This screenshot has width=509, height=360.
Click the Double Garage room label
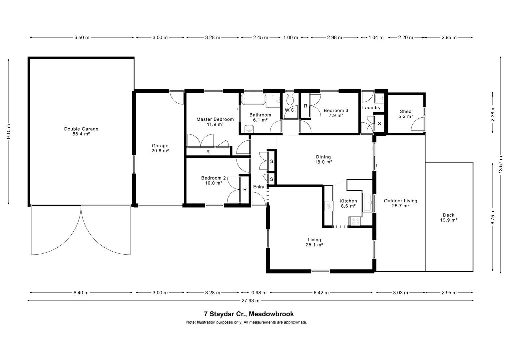(x=81, y=131)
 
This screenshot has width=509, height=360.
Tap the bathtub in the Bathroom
(x=254, y=99)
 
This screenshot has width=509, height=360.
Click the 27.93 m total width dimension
(x=251, y=301)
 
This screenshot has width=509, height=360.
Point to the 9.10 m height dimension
(x=9, y=131)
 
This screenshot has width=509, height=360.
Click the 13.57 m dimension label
(x=501, y=164)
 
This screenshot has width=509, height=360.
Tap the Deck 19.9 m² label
(x=449, y=217)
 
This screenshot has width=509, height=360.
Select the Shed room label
(x=406, y=114)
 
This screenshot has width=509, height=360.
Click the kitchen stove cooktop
(x=355, y=222)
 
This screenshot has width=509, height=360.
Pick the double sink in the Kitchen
(x=367, y=203)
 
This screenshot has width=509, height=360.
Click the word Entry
(x=258, y=187)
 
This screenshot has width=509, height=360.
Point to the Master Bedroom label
(x=215, y=122)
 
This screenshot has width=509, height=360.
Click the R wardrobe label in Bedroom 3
(x=305, y=106)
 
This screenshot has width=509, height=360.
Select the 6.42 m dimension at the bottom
(x=321, y=293)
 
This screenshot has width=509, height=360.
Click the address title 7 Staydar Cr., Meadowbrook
(x=249, y=314)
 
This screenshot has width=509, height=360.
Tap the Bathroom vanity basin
(x=249, y=129)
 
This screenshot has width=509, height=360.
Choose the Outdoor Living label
(x=401, y=203)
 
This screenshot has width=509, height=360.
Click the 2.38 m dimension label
(x=493, y=114)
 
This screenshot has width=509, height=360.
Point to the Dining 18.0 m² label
(x=323, y=159)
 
